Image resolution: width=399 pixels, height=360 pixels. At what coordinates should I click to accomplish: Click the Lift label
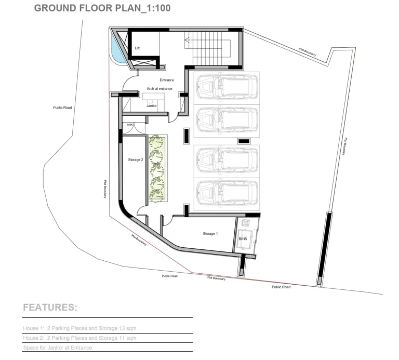[137, 48]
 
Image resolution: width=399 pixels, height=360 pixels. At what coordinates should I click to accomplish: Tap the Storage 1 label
[210, 234]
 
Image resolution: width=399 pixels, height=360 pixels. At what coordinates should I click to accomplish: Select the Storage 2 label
[135, 160]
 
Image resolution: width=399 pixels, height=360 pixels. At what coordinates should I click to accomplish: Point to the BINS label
[243, 239]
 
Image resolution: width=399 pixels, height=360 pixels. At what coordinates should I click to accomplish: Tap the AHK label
[129, 125]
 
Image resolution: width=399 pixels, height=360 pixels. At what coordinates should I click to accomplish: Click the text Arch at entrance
[159, 89]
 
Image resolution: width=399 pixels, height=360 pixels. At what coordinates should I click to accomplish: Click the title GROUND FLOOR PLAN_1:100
[102, 9]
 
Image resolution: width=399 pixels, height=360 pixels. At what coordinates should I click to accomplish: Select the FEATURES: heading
[50, 308]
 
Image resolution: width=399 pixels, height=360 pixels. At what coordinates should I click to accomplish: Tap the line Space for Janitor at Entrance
[57, 348]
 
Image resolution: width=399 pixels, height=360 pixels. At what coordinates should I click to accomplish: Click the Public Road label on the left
[62, 108]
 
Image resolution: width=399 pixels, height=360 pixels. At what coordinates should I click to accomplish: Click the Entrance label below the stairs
[167, 79]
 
